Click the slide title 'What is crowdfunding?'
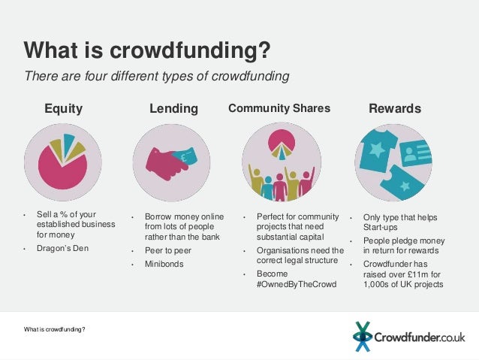tap(146, 50)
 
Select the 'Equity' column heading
tap(63, 109)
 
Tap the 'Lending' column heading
tap(173, 109)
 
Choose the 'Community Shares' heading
tap(279, 108)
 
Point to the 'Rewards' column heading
tap(395, 109)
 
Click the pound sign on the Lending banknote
tap(182, 158)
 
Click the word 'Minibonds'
tap(164, 265)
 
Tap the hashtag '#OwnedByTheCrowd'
tap(297, 285)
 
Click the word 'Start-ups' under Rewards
tap(381, 227)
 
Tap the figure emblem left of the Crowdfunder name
tap(363, 336)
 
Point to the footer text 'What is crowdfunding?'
tap(54, 329)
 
